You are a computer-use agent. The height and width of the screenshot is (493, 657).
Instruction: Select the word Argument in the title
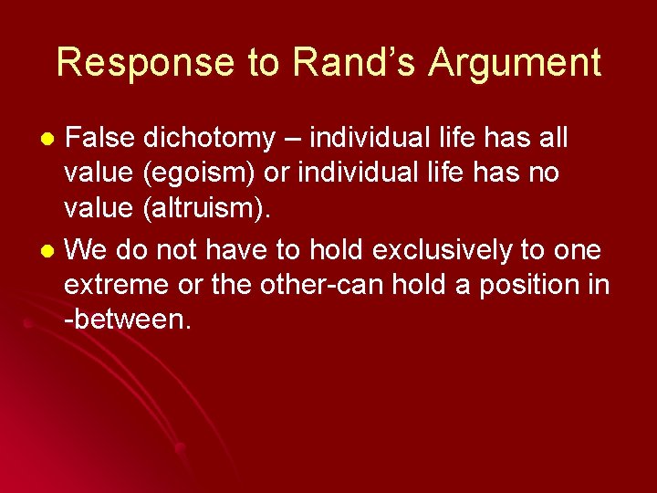pyautogui.click(x=515, y=63)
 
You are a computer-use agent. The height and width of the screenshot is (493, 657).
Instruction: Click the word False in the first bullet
pyautogui.click(x=100, y=139)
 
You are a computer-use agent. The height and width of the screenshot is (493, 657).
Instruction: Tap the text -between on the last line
pyautogui.click(x=127, y=320)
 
